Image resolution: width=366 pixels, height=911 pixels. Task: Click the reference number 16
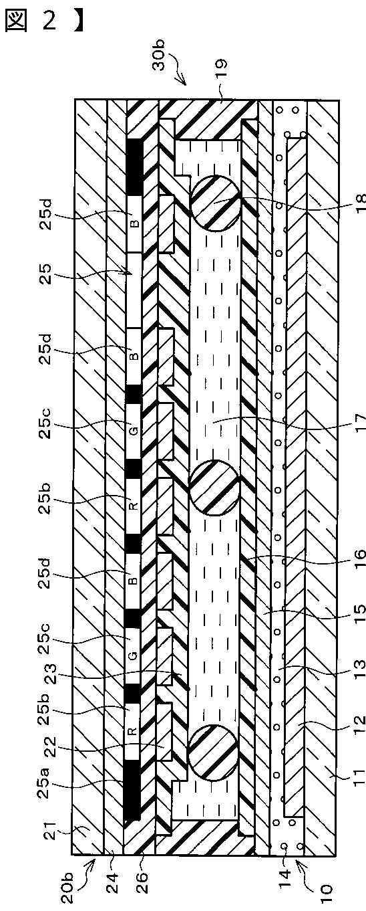[x=357, y=558]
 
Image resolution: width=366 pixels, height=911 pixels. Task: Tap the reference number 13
[x=357, y=670]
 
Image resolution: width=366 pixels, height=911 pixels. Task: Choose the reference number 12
[x=357, y=726]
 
